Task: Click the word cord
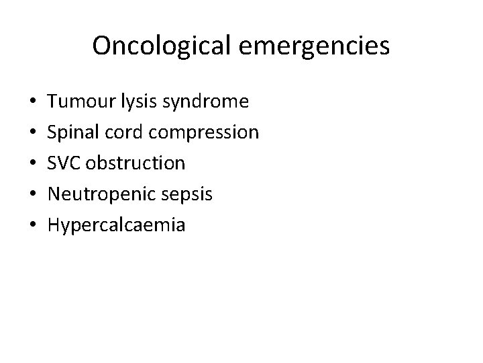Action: [127, 132]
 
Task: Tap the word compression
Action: [204, 133]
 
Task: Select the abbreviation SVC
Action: [66, 163]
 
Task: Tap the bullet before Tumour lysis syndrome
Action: [33, 102]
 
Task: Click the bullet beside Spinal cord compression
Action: [33, 133]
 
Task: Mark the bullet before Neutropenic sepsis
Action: [33, 195]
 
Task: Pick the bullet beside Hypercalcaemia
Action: [33, 226]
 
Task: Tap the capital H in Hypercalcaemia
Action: [55, 225]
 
